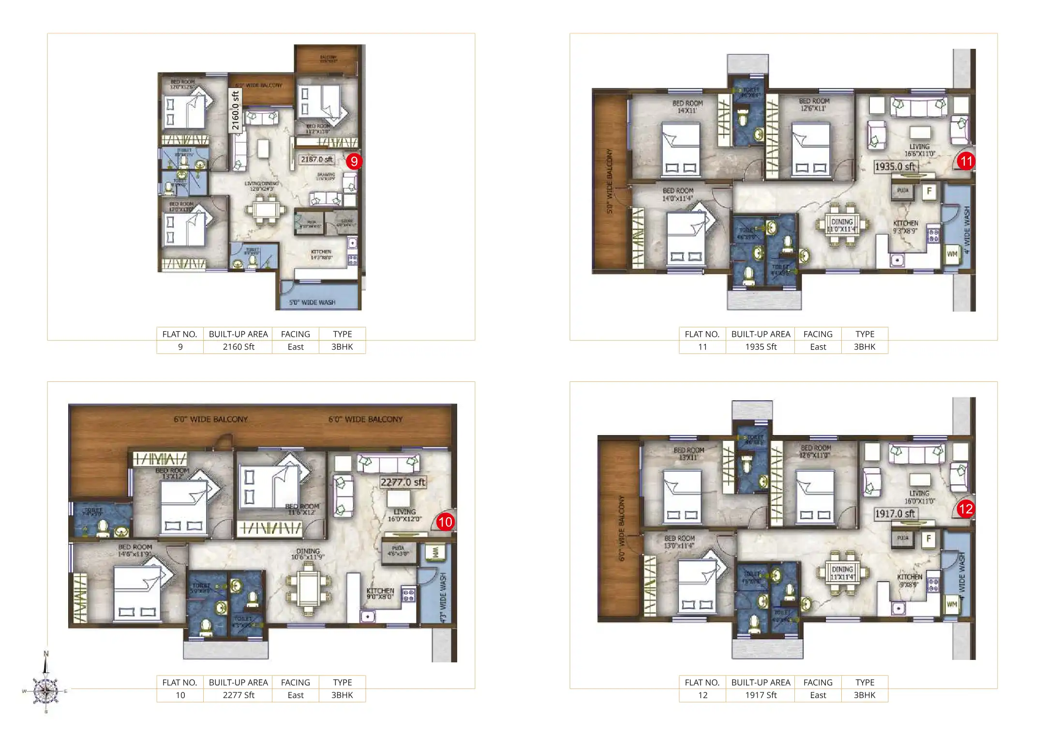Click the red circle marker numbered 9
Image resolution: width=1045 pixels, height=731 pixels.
click(354, 161)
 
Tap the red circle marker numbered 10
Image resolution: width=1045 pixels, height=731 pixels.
click(445, 522)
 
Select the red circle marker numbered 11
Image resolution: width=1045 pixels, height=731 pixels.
click(966, 161)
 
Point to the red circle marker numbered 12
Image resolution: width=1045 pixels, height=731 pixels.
click(965, 509)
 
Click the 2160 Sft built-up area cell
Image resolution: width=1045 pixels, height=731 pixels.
click(238, 347)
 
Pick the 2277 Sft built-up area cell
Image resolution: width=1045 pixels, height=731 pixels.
click(238, 695)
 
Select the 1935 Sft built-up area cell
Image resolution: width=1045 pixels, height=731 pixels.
click(761, 347)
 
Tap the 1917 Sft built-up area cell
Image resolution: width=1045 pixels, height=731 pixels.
click(761, 695)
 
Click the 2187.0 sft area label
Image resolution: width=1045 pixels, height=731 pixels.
click(316, 159)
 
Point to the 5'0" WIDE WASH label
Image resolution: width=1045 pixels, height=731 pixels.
click(312, 303)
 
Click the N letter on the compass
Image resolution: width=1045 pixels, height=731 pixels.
click(46, 654)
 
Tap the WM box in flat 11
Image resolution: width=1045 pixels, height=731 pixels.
click(952, 254)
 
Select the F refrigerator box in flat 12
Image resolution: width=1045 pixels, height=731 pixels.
click(928, 539)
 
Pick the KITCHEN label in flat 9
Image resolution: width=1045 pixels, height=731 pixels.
click(321, 252)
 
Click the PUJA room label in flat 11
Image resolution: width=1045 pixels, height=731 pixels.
click(903, 190)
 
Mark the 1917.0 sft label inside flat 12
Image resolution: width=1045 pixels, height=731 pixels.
click(895, 513)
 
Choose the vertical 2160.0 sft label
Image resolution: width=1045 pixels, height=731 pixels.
click(235, 110)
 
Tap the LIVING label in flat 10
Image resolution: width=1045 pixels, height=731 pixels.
click(404, 512)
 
